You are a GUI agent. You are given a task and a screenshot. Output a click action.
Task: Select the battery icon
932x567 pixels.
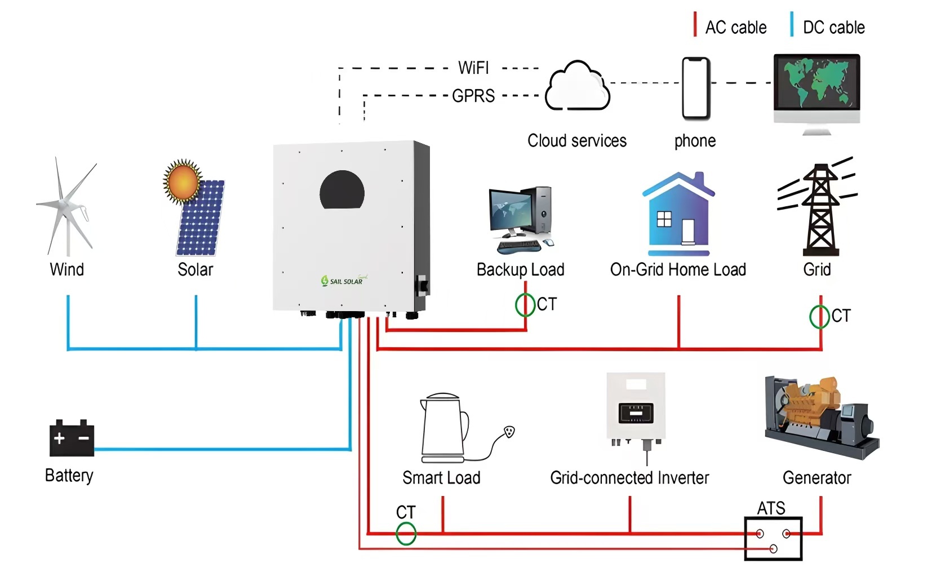click(72, 438)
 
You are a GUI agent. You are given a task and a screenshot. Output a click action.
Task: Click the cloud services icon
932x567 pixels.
click(577, 87)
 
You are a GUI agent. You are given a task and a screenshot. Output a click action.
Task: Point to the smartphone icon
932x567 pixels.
click(696, 88)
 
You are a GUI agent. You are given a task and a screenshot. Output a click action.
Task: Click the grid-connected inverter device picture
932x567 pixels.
click(636, 409)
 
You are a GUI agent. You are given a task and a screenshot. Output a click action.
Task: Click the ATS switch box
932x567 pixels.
click(773, 538)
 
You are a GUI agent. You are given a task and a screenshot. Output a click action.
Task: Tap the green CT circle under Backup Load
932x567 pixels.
click(525, 305)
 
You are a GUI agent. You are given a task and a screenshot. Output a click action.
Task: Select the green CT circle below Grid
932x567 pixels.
click(819, 316)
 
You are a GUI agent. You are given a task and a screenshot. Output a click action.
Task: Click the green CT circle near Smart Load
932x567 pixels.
click(406, 533)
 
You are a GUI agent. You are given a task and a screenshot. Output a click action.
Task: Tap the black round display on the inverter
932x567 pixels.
click(342, 190)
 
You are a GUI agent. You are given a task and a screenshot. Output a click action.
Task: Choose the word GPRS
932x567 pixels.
click(473, 96)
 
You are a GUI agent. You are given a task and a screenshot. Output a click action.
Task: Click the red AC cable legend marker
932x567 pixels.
click(695, 25)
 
